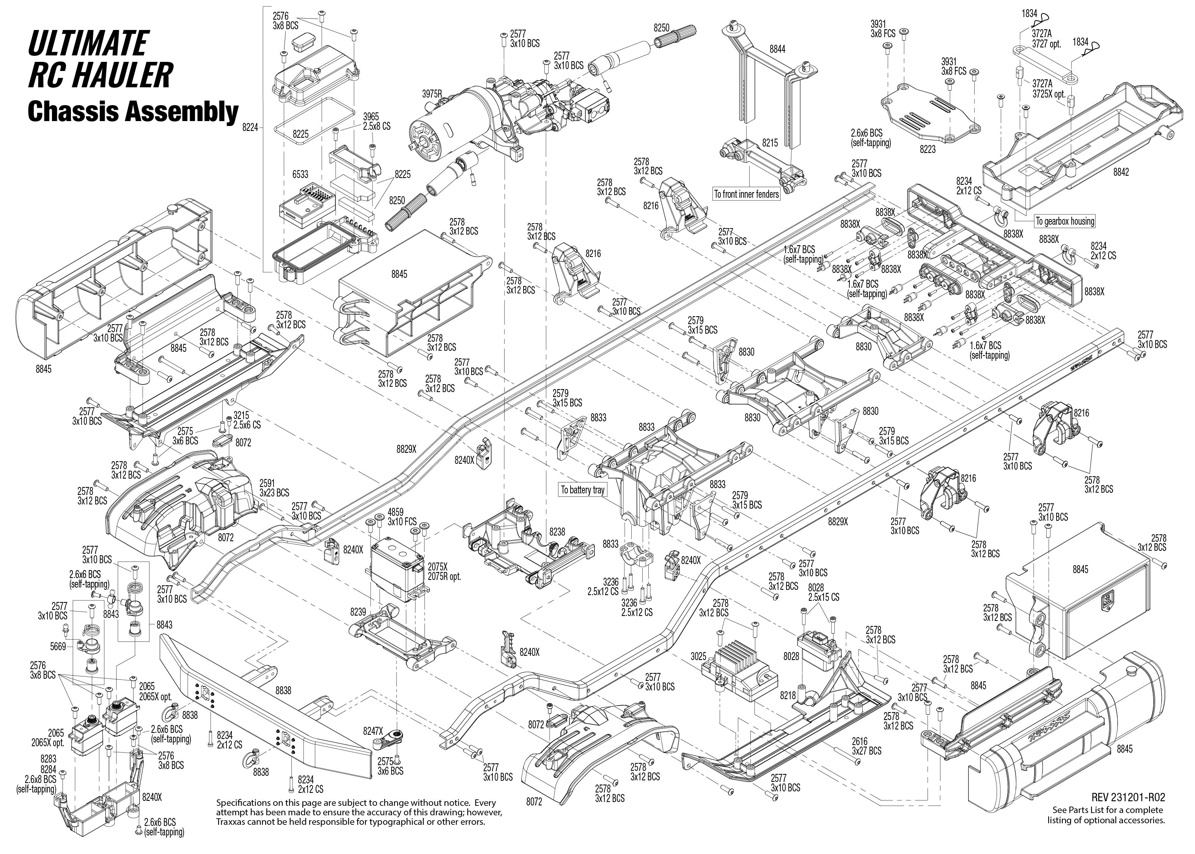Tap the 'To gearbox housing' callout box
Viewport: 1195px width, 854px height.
1064,221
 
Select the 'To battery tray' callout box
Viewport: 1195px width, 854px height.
582,490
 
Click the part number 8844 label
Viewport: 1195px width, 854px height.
777,49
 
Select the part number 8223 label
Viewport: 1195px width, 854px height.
928,149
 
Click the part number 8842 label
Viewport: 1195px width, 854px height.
1121,172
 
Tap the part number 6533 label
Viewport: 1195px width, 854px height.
300,175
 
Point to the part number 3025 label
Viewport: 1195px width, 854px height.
698,656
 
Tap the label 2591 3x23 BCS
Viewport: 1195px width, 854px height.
274,488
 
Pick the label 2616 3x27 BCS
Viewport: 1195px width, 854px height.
866,746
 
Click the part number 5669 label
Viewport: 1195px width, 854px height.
58,646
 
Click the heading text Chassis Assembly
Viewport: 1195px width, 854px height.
133,112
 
